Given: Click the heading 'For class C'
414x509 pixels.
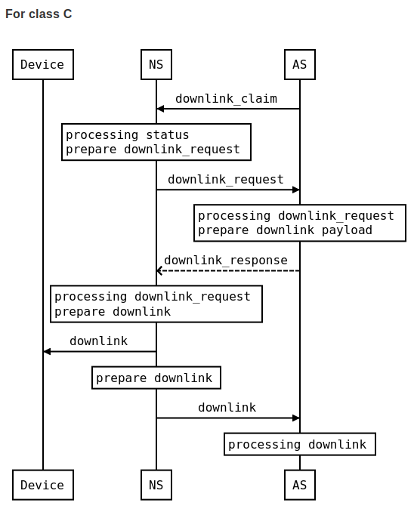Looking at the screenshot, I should coord(39,14).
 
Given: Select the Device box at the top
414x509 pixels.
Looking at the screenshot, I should coord(42,64).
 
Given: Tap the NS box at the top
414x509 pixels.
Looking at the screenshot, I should coord(156,64).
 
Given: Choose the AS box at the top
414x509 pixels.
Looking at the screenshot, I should coord(299,64).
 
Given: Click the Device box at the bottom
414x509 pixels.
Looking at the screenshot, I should coord(42,485).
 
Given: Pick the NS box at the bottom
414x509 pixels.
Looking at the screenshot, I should coord(156,485).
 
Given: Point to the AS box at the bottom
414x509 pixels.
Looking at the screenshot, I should coord(299,485).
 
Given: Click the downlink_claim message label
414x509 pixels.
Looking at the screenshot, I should coord(226,98).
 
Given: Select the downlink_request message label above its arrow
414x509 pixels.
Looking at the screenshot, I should coord(225,179).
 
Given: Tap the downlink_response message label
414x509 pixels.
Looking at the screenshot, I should coord(225,260).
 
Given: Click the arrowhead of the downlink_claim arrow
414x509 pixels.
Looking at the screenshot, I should coord(160,109).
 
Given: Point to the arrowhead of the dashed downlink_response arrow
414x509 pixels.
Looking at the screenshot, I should coord(160,270).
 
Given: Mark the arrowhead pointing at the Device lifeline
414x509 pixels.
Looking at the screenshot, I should coord(47,351).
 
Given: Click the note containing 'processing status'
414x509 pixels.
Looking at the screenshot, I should coord(156,142).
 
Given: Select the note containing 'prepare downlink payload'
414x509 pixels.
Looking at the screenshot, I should coord(299,223).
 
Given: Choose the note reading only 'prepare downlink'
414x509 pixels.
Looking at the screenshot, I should coord(156,378).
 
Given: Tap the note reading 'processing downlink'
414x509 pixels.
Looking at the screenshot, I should coord(299,444).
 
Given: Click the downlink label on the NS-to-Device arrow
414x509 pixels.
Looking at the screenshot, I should coord(98,341).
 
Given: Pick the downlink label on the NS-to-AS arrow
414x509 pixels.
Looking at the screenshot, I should coord(227,407).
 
